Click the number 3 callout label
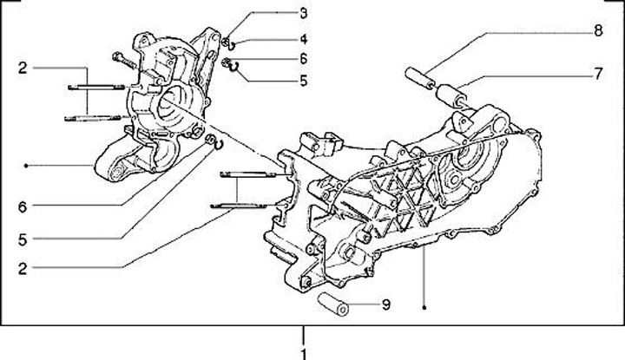coord(303,13)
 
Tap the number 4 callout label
coord(303,39)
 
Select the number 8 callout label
coord(597,31)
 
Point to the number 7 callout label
coord(597,74)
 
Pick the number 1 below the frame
coord(303,354)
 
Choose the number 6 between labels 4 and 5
coord(303,58)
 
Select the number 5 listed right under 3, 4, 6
coord(303,82)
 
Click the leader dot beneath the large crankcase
coord(424,305)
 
